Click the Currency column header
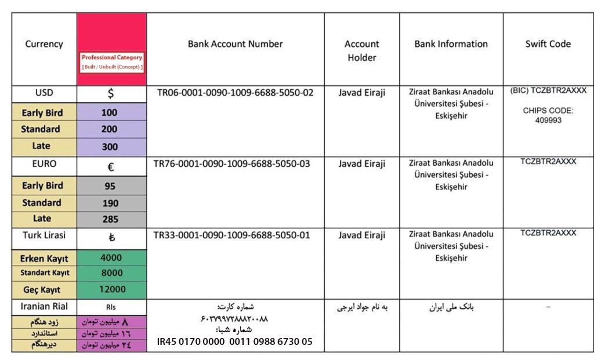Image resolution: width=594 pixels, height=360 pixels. pyautogui.click(x=44, y=44)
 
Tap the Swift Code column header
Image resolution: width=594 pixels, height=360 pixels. pyautogui.click(x=548, y=44)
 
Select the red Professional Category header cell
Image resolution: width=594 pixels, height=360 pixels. pyautogui.click(x=111, y=49)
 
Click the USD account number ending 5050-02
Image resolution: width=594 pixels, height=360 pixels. pyautogui.click(x=235, y=93)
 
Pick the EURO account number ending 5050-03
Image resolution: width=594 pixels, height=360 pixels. pyautogui.click(x=231, y=164)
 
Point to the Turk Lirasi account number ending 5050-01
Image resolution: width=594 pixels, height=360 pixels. pyautogui.click(x=231, y=235)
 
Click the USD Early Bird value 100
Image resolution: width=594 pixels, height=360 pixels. pyautogui.click(x=109, y=112)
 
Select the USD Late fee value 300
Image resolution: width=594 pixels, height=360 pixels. pyautogui.click(x=109, y=147)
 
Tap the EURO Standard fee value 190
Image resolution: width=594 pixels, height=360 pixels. pyautogui.click(x=110, y=203)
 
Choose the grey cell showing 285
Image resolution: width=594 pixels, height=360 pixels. pyautogui.click(x=110, y=219)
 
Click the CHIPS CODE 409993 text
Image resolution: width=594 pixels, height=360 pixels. pyautogui.click(x=548, y=115)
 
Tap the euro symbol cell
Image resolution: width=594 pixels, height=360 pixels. pyautogui.click(x=111, y=168)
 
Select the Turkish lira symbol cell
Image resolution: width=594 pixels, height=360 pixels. pyautogui.click(x=111, y=238)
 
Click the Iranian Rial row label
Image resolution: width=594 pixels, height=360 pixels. pyautogui.click(x=44, y=306)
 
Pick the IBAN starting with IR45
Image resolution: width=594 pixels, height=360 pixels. pyautogui.click(x=234, y=342)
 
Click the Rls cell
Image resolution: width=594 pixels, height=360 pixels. pyautogui.click(x=111, y=307)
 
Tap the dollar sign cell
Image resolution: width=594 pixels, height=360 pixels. pyautogui.click(x=111, y=94)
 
